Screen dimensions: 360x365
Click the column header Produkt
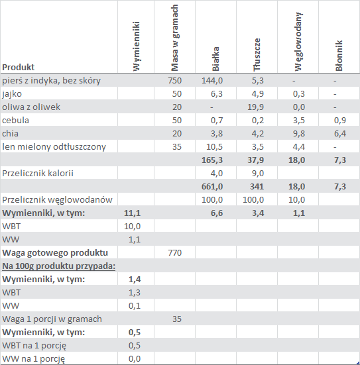(x=18, y=68)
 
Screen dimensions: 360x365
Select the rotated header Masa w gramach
(x=174, y=38)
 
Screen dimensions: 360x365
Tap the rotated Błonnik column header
(x=339, y=56)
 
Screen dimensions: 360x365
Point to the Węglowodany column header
(x=298, y=42)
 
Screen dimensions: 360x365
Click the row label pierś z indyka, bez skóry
(x=51, y=81)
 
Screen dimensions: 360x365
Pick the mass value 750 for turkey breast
(x=174, y=81)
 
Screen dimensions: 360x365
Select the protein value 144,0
(x=212, y=81)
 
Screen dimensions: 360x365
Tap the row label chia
(x=10, y=133)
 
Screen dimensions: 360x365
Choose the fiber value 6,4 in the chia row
(x=340, y=134)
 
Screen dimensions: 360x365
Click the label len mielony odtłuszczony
(x=54, y=147)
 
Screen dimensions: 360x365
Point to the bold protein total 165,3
(x=212, y=160)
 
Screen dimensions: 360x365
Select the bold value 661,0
(x=212, y=187)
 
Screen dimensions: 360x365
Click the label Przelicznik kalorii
(x=38, y=173)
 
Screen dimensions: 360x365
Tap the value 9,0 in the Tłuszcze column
(x=258, y=174)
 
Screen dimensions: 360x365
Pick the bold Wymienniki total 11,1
(x=132, y=213)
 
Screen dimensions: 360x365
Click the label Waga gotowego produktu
(x=55, y=253)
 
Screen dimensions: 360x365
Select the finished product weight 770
(x=174, y=253)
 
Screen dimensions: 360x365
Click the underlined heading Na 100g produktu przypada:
(x=59, y=266)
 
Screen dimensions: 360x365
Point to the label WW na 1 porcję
(x=34, y=359)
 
